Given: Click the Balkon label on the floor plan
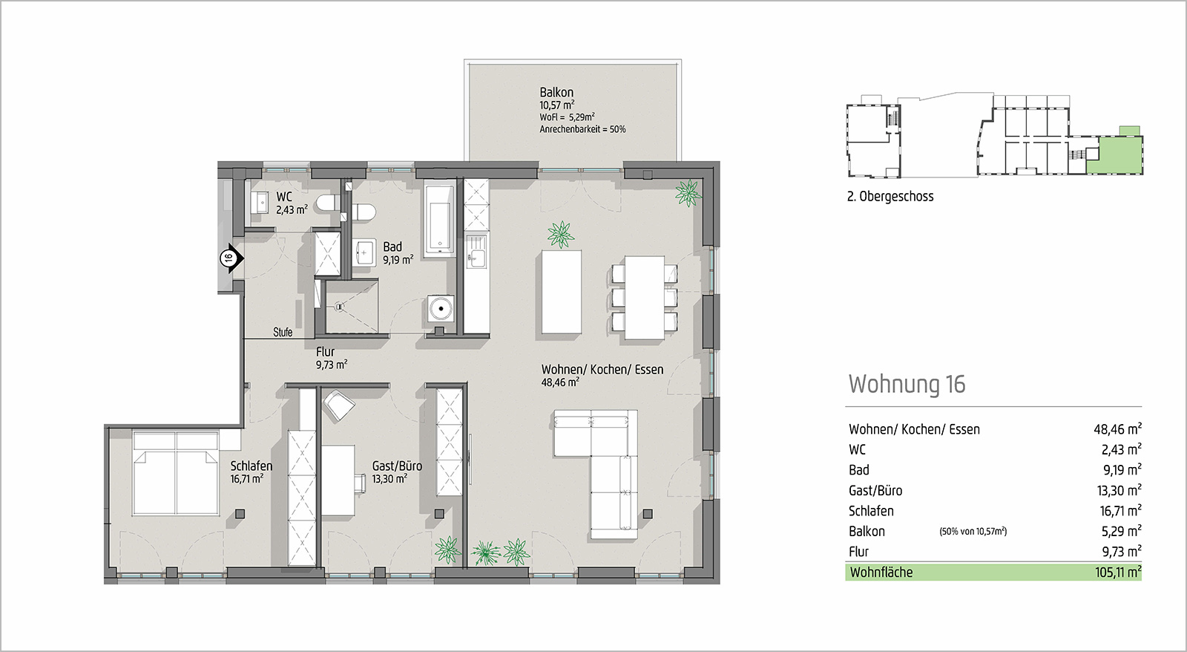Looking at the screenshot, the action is tap(556, 92).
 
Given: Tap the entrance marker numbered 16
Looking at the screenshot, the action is tap(231, 258).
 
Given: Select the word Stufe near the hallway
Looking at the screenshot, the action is tap(283, 332).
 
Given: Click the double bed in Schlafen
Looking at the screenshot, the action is tap(175, 473).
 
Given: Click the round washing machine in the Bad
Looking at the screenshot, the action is tap(441, 308).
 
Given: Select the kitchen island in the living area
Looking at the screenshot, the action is tap(561, 292).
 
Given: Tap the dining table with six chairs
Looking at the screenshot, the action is tap(645, 297).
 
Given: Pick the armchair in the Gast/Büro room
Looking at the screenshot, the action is tap(338, 405).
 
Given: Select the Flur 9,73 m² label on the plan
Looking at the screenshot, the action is tap(332, 358).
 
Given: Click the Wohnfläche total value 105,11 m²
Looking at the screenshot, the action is tap(1118, 573).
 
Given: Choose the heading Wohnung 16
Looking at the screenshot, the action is tap(907, 384).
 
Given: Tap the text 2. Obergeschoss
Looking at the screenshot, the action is tap(890, 196).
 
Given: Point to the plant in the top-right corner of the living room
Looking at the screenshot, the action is tap(688, 193).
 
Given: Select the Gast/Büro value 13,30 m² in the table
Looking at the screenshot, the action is tap(1119, 490).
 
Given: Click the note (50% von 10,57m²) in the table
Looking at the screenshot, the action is tap(973, 531).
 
